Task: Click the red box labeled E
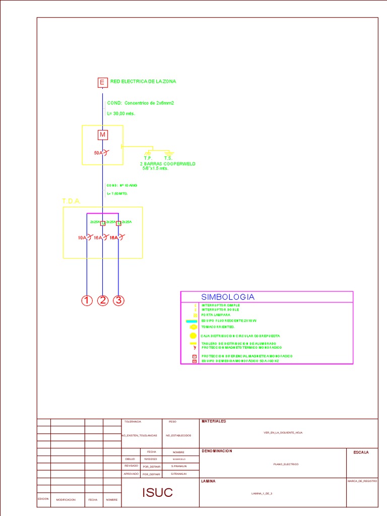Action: pyautogui.click(x=102, y=83)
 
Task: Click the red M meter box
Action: pyautogui.click(x=102, y=135)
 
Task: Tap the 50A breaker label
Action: pyautogui.click(x=98, y=153)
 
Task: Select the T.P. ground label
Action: pyautogui.click(x=148, y=158)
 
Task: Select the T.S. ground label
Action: pyautogui.click(x=168, y=158)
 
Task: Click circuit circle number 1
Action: pyautogui.click(x=88, y=301)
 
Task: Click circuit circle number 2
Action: pyautogui.click(x=103, y=301)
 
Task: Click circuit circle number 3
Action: pyautogui.click(x=118, y=301)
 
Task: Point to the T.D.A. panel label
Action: pyautogui.click(x=71, y=202)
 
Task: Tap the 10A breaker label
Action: pyautogui.click(x=82, y=237)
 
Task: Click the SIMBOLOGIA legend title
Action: pyautogui.click(x=228, y=297)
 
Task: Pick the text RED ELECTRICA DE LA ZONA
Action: pyautogui.click(x=143, y=81)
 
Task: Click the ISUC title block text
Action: pyautogui.click(x=157, y=493)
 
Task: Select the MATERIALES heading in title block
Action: pyautogui.click(x=214, y=421)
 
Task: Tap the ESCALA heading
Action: pyautogui.click(x=361, y=453)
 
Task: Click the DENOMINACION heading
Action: pyautogui.click(x=217, y=451)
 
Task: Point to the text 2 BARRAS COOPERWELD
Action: pyautogui.click(x=168, y=164)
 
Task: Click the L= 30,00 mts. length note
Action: pyautogui.click(x=121, y=113)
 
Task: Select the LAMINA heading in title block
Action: pyautogui.click(x=208, y=481)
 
